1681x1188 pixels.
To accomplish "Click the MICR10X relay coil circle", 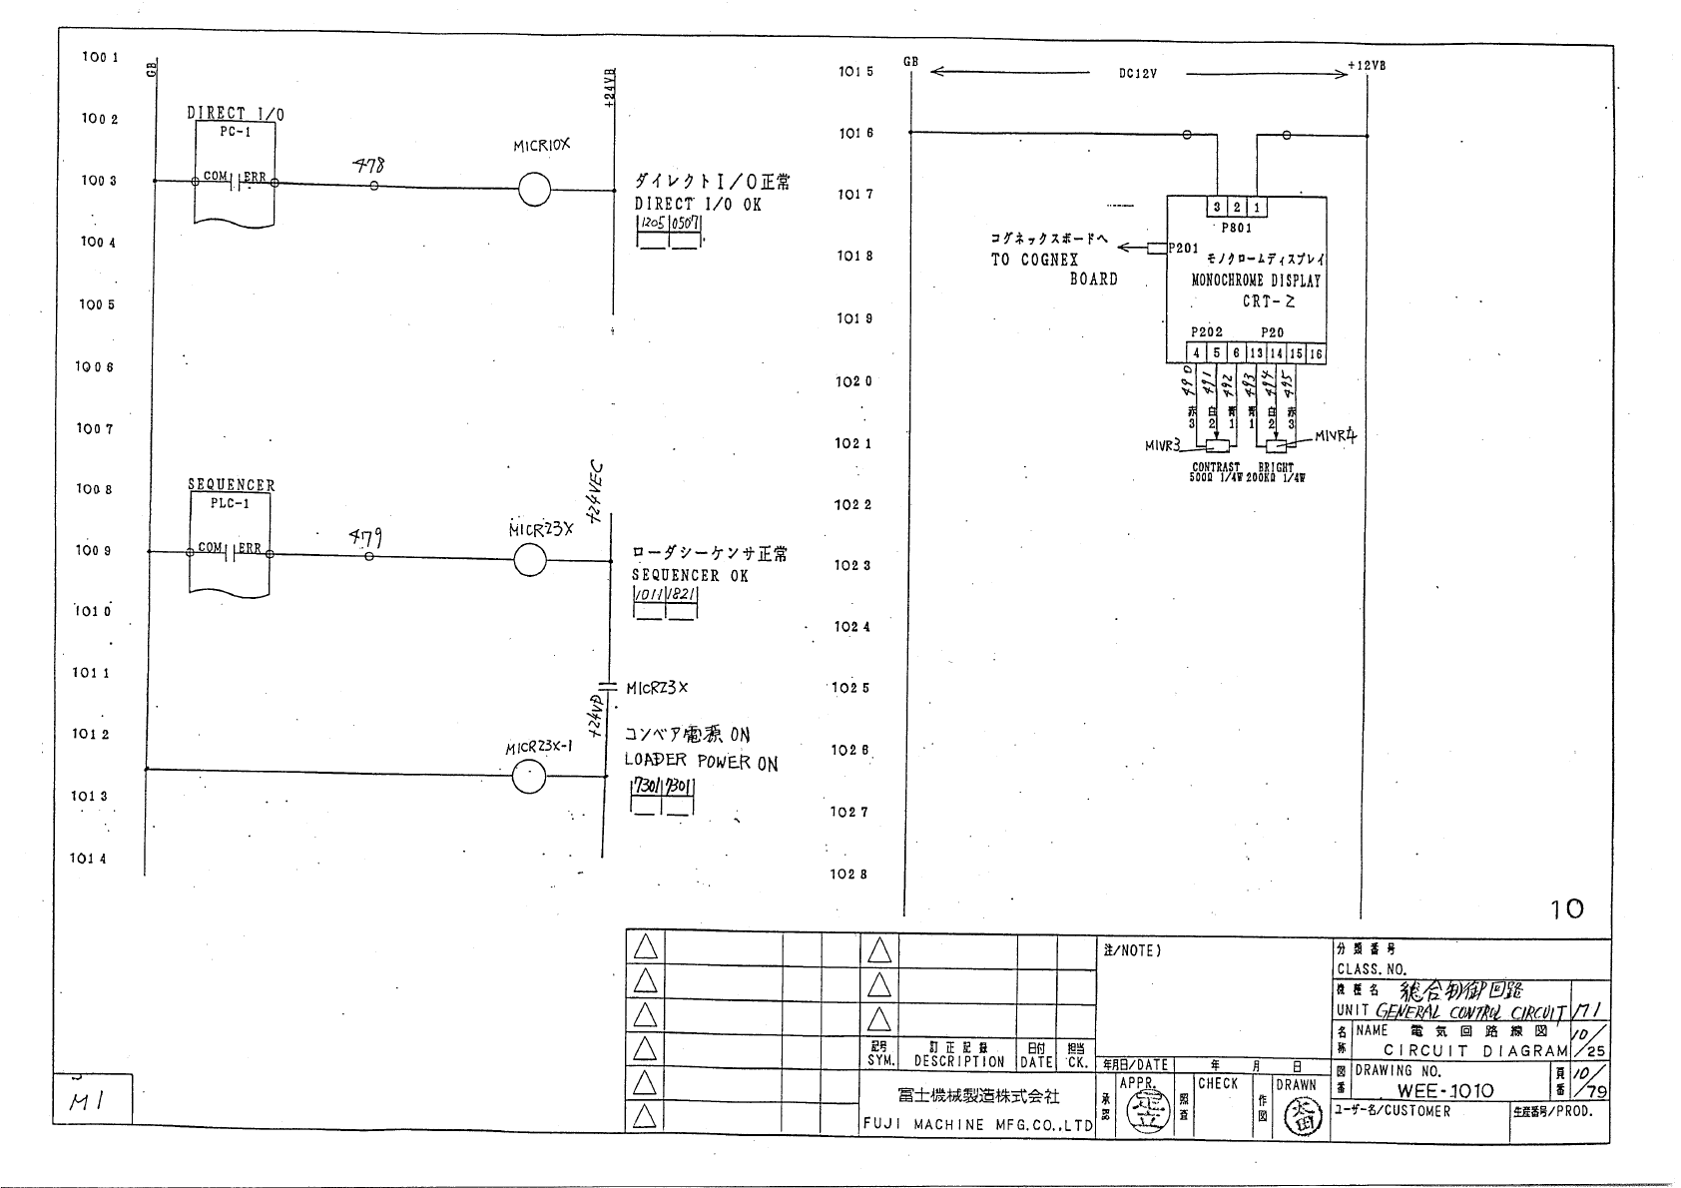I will coord(534,190).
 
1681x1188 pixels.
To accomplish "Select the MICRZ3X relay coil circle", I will coord(530,561).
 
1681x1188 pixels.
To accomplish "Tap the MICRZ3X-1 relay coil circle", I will coord(528,776).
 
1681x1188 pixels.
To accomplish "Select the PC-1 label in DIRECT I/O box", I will coord(235,133).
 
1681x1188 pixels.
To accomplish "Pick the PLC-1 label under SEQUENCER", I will coord(230,503).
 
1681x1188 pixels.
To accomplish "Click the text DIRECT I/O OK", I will coord(697,204).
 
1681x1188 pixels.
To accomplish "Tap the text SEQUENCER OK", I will coord(689,575).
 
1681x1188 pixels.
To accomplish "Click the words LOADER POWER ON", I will coord(701,762).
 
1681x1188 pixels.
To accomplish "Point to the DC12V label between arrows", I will coord(1138,74).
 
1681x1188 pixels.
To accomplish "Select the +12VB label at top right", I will coord(1366,66).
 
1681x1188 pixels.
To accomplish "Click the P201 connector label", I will coord(1184,248).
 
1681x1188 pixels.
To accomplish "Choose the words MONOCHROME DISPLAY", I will coord(1256,281).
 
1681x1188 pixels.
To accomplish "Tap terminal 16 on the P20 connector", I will coord(1316,353).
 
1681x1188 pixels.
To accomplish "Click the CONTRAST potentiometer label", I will coord(1216,467).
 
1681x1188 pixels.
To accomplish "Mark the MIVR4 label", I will coord(1335,436).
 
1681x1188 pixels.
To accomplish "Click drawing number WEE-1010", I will coord(1445,1091).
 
